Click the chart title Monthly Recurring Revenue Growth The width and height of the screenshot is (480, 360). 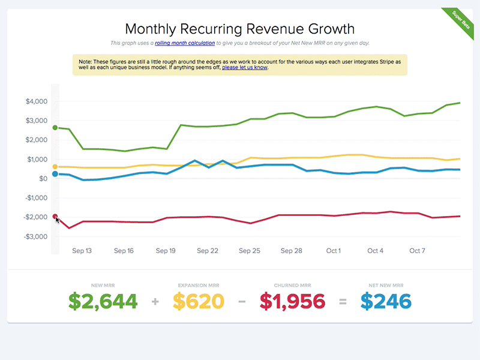pos(239,29)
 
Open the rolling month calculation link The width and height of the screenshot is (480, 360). pos(185,43)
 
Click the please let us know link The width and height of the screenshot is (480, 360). pos(245,68)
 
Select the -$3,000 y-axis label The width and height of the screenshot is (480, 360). pos(35,236)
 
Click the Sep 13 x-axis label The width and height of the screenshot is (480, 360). pos(82,251)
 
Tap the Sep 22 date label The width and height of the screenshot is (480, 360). pos(207,251)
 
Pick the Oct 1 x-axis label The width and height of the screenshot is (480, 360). pos(334,251)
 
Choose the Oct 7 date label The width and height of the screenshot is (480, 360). pos(417,251)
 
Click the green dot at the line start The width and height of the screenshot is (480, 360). pos(55,128)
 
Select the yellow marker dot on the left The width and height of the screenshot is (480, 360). pos(55,167)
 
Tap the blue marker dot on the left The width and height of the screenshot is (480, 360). pos(55,174)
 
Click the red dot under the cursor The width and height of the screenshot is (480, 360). pos(55,217)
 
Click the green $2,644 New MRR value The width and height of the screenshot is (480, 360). pos(103,301)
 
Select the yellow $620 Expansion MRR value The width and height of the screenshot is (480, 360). pos(199,301)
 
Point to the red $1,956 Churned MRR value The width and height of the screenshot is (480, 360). pos(292,301)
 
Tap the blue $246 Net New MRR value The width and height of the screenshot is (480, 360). pos(386,301)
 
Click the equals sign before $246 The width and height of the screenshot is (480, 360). pos(343,302)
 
